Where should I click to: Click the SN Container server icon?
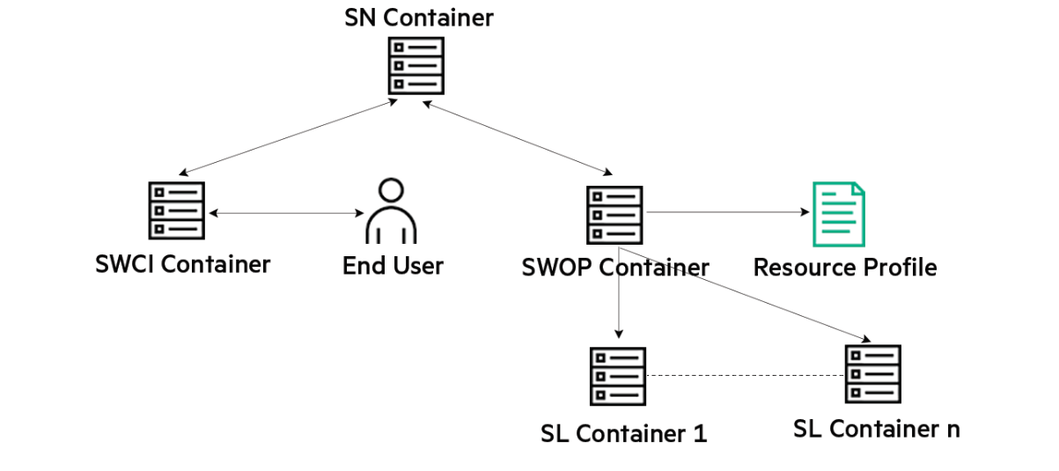(x=416, y=65)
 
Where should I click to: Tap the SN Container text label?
(x=419, y=17)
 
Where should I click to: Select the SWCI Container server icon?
(x=176, y=210)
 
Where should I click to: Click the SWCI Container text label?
(x=183, y=263)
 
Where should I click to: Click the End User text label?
(x=393, y=265)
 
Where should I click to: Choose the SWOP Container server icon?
(x=614, y=214)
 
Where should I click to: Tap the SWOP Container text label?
(x=615, y=267)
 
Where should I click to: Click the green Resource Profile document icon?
(x=838, y=214)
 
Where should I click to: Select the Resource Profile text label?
(x=845, y=267)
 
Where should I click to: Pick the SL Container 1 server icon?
(x=617, y=376)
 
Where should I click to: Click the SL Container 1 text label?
(x=624, y=433)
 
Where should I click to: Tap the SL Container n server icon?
(x=872, y=373)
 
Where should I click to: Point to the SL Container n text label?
(x=876, y=429)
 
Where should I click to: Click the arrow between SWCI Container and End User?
(x=286, y=213)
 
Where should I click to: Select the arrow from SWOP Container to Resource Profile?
(x=727, y=212)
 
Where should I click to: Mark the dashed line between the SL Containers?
(x=745, y=376)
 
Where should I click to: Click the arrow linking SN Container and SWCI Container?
(x=285, y=137)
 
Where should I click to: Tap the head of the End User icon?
(x=391, y=190)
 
